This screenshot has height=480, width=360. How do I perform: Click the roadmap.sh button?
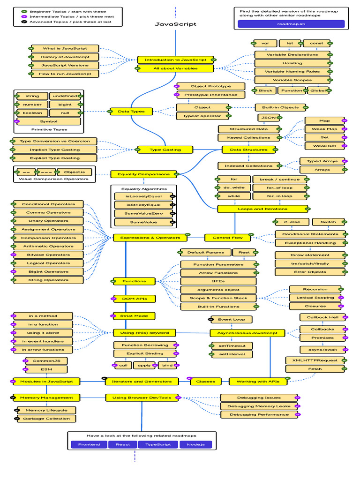pos(291,24)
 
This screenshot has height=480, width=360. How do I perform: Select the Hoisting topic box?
pos(292,63)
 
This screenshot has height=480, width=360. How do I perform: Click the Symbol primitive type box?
pos(49,121)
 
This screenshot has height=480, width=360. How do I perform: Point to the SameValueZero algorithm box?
pos(143,213)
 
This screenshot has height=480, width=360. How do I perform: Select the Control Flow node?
pos(227,238)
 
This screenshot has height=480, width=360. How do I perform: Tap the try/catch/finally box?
pos(310,263)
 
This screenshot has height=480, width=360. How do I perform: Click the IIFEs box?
pos(218,281)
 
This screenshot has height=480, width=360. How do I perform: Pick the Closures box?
pos(315,306)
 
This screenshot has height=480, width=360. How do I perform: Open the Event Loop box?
pos(231,320)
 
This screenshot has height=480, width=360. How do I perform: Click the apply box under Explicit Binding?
pos(144,365)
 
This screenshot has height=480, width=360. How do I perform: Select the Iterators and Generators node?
pos(141,382)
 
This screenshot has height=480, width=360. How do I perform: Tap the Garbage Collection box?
pos(43,419)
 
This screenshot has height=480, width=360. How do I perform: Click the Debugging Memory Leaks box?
pos(259,406)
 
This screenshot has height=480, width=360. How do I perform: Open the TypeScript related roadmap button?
pos(157,444)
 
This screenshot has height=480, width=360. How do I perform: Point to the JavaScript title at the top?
pos(175,24)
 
